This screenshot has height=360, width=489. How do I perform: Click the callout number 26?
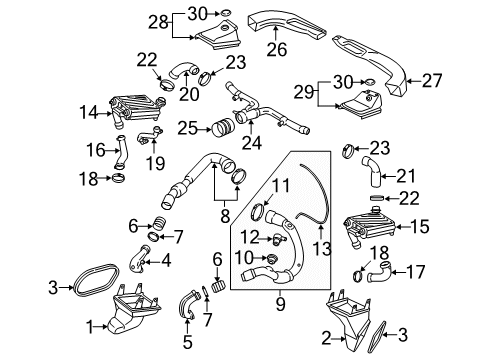pos(276,49)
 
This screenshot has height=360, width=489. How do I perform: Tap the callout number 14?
pos(89,113)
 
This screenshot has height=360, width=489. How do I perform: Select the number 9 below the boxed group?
pos(280,304)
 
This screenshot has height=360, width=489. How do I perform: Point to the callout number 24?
pos(252,143)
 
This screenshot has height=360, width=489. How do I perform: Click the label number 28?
pos(158,23)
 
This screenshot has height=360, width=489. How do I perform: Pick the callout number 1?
pos(90,327)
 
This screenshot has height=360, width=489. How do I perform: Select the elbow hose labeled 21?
pos(371,171)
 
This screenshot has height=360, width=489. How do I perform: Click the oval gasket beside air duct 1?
pos(95,280)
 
